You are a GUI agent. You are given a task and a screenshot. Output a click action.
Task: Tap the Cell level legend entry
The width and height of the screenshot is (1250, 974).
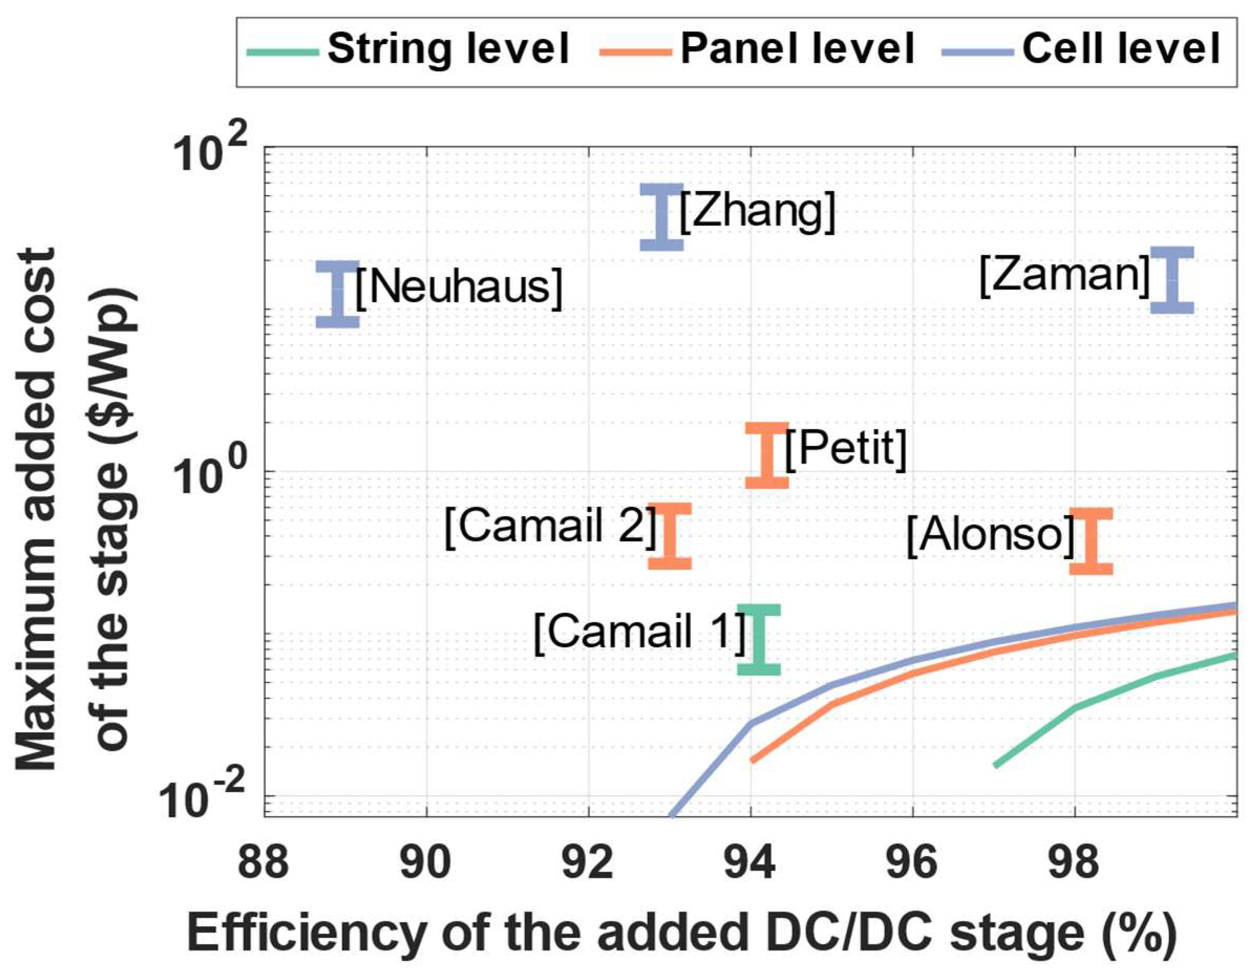pyautogui.click(x=1082, y=50)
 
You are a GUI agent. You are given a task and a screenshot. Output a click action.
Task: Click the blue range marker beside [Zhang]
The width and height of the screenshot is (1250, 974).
pyautogui.click(x=661, y=217)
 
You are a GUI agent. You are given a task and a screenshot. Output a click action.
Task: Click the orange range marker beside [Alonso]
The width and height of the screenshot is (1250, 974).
pyautogui.click(x=1091, y=541)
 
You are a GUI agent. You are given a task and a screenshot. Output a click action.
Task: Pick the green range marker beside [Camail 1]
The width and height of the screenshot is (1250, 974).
pyautogui.click(x=758, y=639)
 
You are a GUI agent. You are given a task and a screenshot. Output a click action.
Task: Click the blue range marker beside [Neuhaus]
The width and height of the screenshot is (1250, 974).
pyautogui.click(x=338, y=294)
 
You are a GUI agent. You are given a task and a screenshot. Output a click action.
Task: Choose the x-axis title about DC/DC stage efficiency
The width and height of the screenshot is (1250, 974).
pyautogui.click(x=681, y=933)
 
